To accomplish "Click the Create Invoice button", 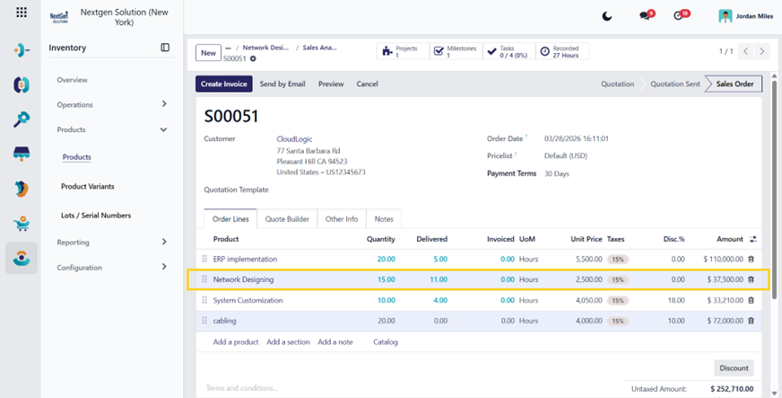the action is click(224, 84).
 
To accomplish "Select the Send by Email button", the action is click(282, 84).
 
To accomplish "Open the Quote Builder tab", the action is click(287, 218).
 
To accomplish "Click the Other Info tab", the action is click(342, 218).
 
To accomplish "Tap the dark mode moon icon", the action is click(607, 16).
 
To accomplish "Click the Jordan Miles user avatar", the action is click(725, 16).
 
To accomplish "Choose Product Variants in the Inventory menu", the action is click(88, 186).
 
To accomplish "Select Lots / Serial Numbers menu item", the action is click(96, 216).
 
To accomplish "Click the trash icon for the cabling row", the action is click(752, 321).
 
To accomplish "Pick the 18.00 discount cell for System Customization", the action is click(676, 300).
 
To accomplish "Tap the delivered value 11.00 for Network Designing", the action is click(439, 279).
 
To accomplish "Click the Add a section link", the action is click(288, 342).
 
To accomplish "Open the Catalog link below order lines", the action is click(386, 342).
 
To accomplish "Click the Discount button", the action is click(734, 368).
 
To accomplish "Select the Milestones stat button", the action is click(456, 51).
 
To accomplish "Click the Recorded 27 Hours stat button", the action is click(562, 51).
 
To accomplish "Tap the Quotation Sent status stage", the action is click(674, 84).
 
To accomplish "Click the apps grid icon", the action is click(22, 12).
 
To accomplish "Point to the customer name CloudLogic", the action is click(294, 139).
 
